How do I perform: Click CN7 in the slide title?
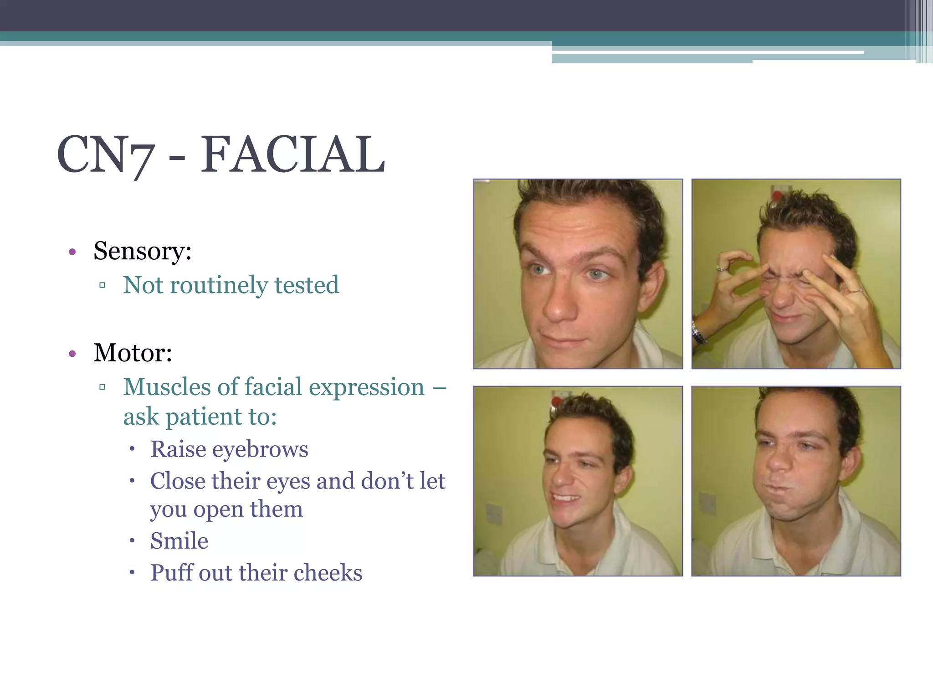[105, 155]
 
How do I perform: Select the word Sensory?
[142, 251]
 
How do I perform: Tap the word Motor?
[132, 353]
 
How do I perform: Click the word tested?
[306, 285]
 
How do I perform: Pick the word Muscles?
[167, 387]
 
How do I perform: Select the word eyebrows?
[260, 450]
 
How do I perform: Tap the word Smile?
[179, 541]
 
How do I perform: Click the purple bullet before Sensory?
[72, 252]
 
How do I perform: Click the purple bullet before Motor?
[72, 354]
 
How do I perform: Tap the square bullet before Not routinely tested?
[102, 286]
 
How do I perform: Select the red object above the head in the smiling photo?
[556, 401]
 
